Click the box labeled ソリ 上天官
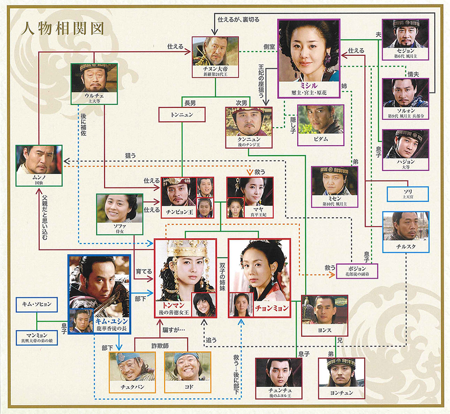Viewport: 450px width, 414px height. tap(407, 194)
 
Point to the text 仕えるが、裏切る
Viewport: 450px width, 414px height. tap(239, 20)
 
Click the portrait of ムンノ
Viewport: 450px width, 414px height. tap(39, 162)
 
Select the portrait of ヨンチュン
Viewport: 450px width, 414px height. tap(341, 375)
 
